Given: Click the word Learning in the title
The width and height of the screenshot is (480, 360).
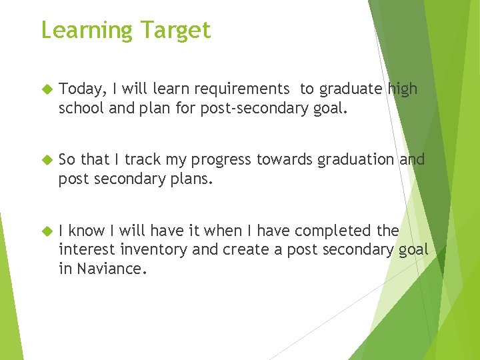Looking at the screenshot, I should (x=87, y=31).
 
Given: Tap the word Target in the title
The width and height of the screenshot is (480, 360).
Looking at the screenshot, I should (x=175, y=31).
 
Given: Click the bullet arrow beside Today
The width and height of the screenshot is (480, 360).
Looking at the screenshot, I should (x=47, y=89).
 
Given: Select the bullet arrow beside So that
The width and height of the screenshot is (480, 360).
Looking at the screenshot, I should (x=47, y=159).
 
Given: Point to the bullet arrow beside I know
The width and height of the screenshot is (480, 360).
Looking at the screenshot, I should (x=47, y=231).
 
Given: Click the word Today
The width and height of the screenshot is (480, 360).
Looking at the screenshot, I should (x=79, y=89).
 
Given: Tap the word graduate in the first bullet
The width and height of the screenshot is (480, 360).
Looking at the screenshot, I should (x=351, y=89).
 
